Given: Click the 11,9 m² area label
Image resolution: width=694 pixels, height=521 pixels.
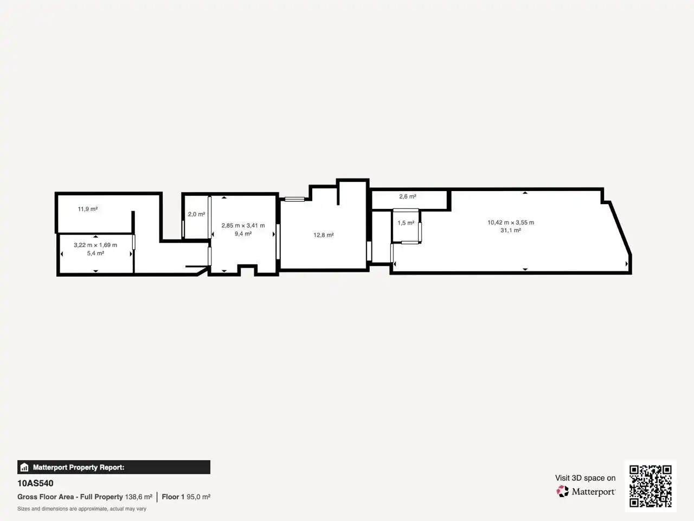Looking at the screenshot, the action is tap(88, 209).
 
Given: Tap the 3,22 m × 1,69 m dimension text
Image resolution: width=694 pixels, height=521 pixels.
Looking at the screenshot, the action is tap(95, 245).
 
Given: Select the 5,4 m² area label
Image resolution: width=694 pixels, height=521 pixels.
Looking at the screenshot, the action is tap(95, 253).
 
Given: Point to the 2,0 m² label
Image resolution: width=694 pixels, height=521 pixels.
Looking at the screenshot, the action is tap(196, 214).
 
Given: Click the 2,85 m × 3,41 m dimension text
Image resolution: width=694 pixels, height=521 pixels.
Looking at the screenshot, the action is tap(243, 226).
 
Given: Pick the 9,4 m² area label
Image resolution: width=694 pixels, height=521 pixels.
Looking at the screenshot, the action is tap(243, 234).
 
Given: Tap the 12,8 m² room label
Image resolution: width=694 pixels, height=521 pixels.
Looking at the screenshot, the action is tap(324, 235).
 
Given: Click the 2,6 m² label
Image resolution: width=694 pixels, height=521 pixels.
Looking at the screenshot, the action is tap(408, 196).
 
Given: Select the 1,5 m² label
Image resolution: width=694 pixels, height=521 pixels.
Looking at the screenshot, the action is tap(406, 223).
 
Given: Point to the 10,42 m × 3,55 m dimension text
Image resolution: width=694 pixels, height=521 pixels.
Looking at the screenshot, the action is tap(511, 223).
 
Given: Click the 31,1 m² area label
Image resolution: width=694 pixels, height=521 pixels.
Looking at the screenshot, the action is tap(511, 230).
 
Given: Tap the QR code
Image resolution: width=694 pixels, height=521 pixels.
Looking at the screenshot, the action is tap(651, 486).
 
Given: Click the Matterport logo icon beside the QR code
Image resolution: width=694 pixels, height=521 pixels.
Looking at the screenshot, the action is tap(562, 491).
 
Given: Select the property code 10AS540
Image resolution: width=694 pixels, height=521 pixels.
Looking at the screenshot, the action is tap(35, 484).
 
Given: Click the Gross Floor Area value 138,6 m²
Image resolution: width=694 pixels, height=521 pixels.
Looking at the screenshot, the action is tap(139, 497).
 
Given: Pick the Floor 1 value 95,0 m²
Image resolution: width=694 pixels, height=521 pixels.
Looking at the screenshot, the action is tap(198, 497).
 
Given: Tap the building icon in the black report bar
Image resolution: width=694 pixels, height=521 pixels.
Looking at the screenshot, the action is tap(24, 467).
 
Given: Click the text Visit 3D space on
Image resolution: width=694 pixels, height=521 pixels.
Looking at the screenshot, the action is tap(585, 478).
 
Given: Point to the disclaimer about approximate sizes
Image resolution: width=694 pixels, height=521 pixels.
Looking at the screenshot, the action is tap(82, 509).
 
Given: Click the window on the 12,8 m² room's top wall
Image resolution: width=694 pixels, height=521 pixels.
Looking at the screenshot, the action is tap(294, 199).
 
